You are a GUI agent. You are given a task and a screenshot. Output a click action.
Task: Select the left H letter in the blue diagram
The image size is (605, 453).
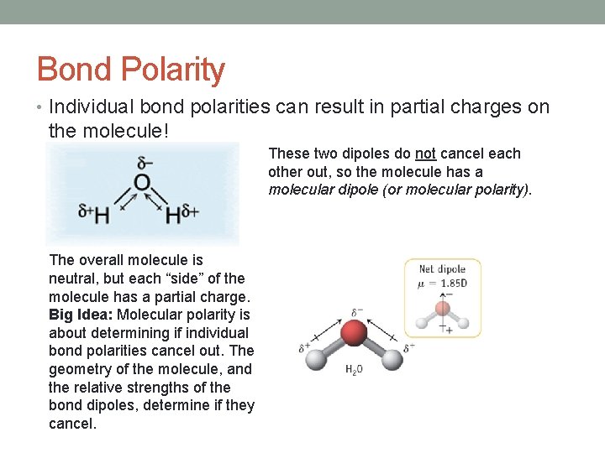[102, 216]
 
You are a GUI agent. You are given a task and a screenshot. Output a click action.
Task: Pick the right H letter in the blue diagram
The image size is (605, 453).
[173, 216]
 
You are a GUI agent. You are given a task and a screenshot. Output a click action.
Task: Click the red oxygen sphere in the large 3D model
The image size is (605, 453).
[355, 334]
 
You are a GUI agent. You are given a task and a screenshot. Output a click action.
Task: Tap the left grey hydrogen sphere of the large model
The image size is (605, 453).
[317, 359]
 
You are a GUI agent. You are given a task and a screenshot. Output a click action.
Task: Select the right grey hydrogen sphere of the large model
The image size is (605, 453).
[392, 359]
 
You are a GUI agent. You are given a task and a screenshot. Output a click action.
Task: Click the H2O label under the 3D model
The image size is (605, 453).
[355, 369]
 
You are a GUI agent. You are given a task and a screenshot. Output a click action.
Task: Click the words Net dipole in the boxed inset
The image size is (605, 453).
[443, 269]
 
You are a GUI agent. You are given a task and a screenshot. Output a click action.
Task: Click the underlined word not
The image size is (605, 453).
[425, 154]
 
